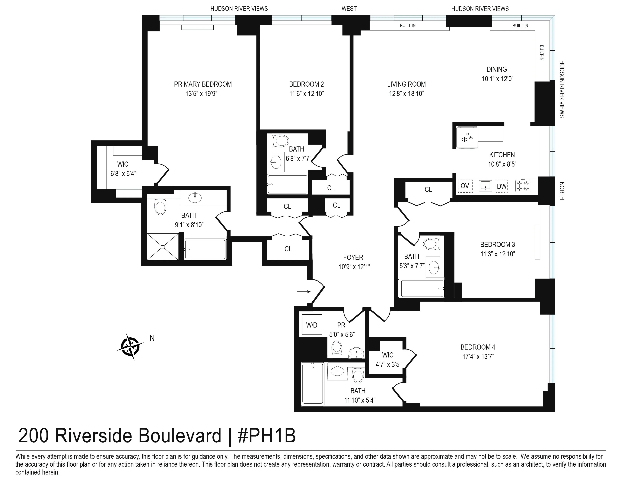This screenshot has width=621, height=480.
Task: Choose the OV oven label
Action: pyautogui.click(x=465, y=186)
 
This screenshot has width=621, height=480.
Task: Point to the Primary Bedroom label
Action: pyautogui.click(x=203, y=84)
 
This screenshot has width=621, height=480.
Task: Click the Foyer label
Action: pyautogui.click(x=353, y=257)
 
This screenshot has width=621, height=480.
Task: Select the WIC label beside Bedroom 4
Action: pyautogui.click(x=387, y=355)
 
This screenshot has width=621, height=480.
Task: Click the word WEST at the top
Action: pyautogui.click(x=349, y=8)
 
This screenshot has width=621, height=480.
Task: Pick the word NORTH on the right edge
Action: pyautogui.click(x=562, y=191)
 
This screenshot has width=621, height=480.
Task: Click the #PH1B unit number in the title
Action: pyautogui.click(x=266, y=436)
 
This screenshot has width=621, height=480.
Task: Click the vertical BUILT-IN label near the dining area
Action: pyautogui.click(x=541, y=53)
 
